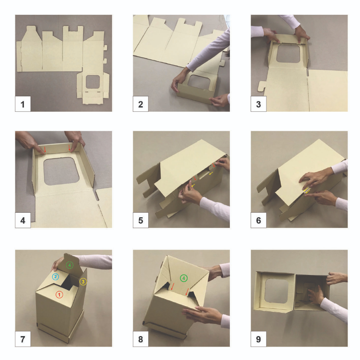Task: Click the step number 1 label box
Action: coord(23,104)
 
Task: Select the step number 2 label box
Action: coord(141,104)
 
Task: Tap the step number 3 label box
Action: coord(258,104)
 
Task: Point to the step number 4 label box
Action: coord(23,220)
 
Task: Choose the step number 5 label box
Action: coord(141,220)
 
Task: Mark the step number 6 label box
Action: coord(258,220)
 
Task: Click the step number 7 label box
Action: coord(23,339)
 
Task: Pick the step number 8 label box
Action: coord(141,339)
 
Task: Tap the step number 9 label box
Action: coord(258,339)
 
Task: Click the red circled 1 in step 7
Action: coord(59,295)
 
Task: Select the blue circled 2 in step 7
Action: coord(55,277)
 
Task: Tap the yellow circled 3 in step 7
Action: coord(83,282)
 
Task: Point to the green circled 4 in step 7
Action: coord(70,265)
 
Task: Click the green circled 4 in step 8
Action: coord(184,278)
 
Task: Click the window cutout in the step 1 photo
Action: coord(93,82)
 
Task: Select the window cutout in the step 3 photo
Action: coord(288,54)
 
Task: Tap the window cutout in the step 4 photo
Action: coord(61,171)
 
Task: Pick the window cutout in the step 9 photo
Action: coord(276,291)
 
